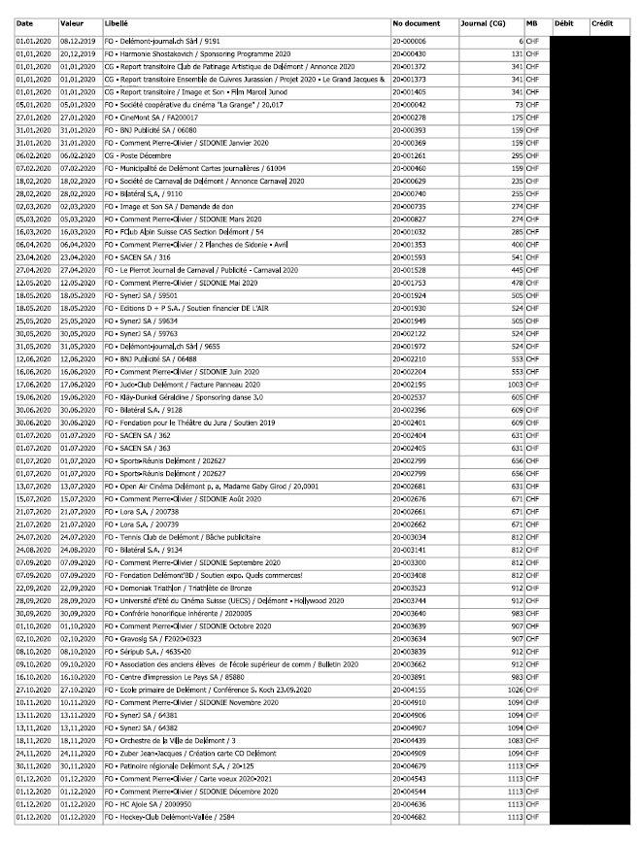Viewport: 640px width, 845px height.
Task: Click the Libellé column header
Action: click(x=117, y=22)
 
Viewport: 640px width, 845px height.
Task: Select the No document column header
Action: click(x=416, y=22)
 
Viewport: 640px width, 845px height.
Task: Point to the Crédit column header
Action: click(x=602, y=22)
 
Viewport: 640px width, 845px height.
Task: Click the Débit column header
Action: click(x=563, y=22)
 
